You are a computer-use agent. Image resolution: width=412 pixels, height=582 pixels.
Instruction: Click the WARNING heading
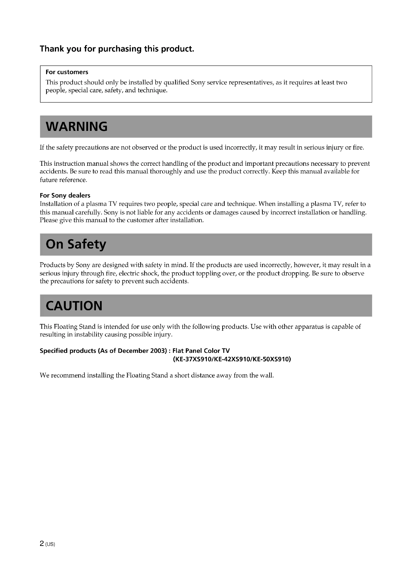(x=76, y=126)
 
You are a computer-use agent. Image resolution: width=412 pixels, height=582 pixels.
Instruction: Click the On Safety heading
(x=76, y=244)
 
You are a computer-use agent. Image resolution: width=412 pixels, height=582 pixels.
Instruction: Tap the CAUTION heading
(x=74, y=306)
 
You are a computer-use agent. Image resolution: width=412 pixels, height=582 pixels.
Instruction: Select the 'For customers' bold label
(x=67, y=72)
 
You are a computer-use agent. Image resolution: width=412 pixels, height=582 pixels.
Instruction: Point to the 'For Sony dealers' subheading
(x=65, y=195)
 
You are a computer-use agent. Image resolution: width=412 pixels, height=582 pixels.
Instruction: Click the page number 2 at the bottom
(x=42, y=543)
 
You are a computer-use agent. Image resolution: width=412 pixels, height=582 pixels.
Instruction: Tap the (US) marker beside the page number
(x=50, y=544)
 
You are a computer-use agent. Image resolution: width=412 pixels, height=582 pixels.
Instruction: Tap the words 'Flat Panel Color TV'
(x=201, y=351)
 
